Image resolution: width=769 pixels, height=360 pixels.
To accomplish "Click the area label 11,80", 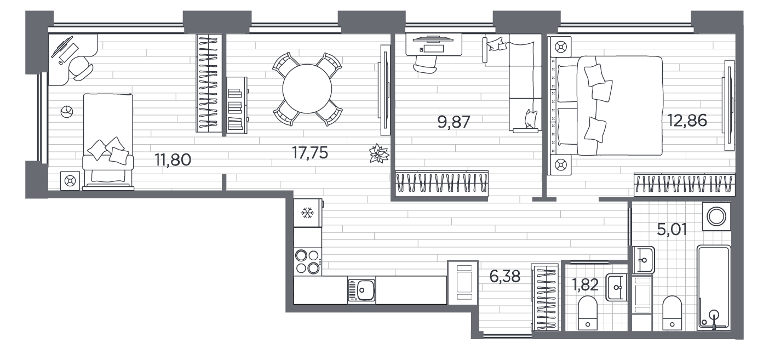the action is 173,160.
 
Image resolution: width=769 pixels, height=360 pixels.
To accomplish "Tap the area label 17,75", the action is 310,152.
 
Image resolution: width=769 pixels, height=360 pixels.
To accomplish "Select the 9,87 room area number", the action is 454,122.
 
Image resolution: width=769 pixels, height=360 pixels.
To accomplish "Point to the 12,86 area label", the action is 687,121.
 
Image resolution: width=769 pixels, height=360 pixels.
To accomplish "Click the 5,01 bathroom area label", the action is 672,229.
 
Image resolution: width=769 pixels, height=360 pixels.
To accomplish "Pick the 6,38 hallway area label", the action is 504,276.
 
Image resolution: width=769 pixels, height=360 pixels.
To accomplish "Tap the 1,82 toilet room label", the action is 585,285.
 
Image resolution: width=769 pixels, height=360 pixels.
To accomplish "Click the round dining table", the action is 307,89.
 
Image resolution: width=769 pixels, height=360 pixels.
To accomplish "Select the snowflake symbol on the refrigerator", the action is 307,213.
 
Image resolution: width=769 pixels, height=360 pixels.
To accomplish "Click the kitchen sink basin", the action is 361,290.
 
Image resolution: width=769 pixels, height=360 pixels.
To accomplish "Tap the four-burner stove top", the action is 308,261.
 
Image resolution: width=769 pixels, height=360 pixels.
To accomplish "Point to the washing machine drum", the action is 716,217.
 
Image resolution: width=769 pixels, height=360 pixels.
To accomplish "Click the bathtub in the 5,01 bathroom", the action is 713,288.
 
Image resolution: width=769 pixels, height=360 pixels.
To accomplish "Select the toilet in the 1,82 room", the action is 588,313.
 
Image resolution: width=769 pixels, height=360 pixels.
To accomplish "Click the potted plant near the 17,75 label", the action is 379,153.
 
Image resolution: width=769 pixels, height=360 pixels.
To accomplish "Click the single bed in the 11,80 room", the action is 108,141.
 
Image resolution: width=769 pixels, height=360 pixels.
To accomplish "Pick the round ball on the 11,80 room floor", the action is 67,112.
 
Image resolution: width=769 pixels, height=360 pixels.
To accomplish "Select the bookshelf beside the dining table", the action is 237,105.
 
